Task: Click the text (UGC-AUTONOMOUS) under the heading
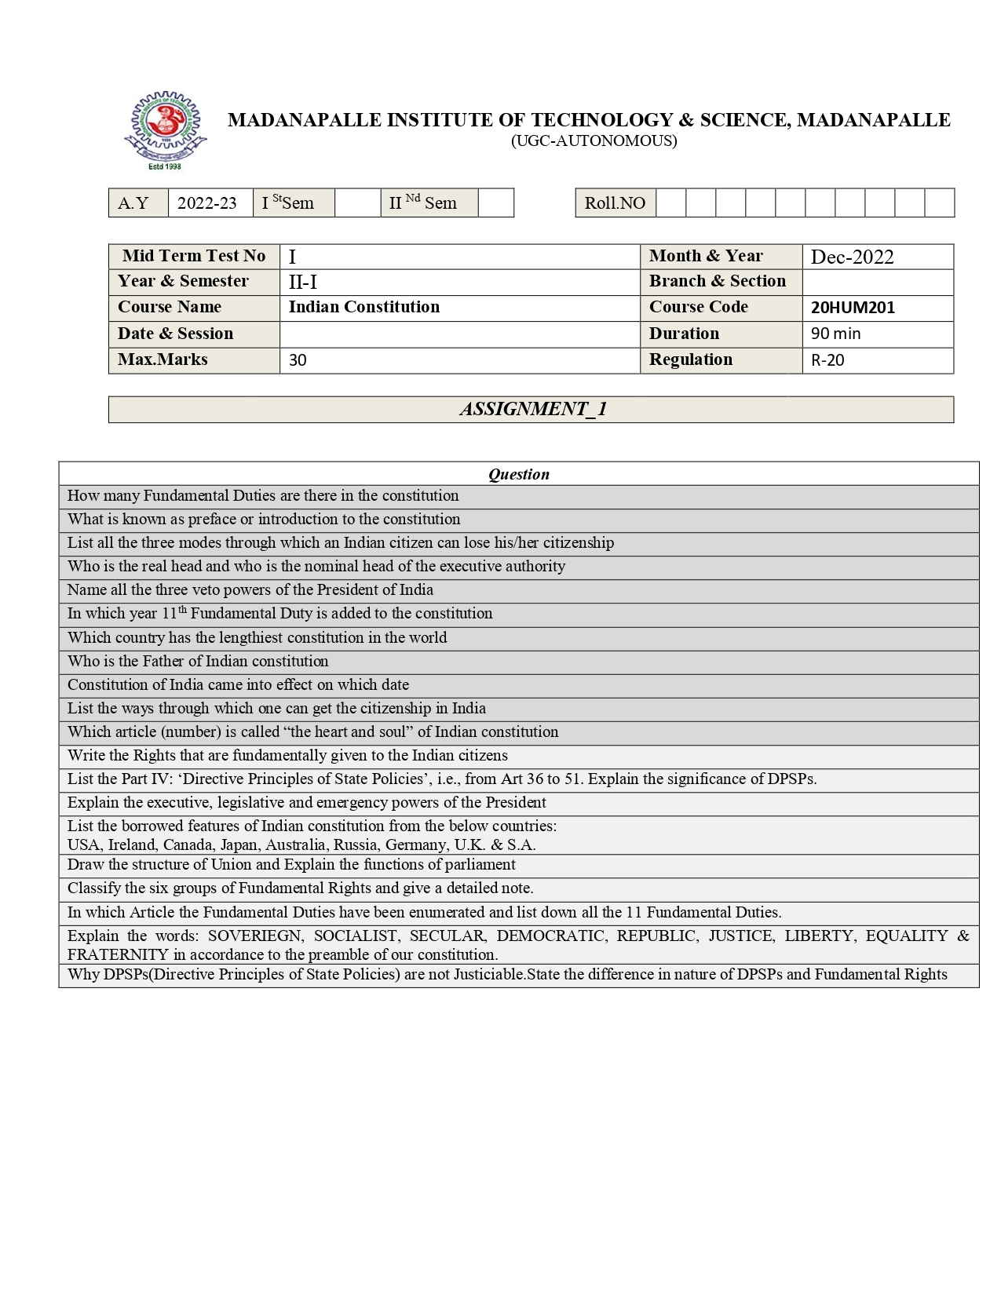point(594,141)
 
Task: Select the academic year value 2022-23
point(207,203)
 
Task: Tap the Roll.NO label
point(615,203)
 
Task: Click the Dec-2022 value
point(852,257)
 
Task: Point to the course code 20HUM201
point(853,308)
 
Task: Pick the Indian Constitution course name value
point(364,307)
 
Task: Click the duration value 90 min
point(835,334)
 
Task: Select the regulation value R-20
point(827,360)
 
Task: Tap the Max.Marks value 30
point(298,360)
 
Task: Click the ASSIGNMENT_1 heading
point(532,409)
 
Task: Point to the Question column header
point(518,474)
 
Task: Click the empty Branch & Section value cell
point(877,282)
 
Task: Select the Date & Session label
point(175,334)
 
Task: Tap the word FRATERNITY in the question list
point(118,954)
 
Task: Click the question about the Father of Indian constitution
point(198,661)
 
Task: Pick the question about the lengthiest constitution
point(257,637)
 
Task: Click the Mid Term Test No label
point(194,256)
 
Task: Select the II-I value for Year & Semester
point(303,282)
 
